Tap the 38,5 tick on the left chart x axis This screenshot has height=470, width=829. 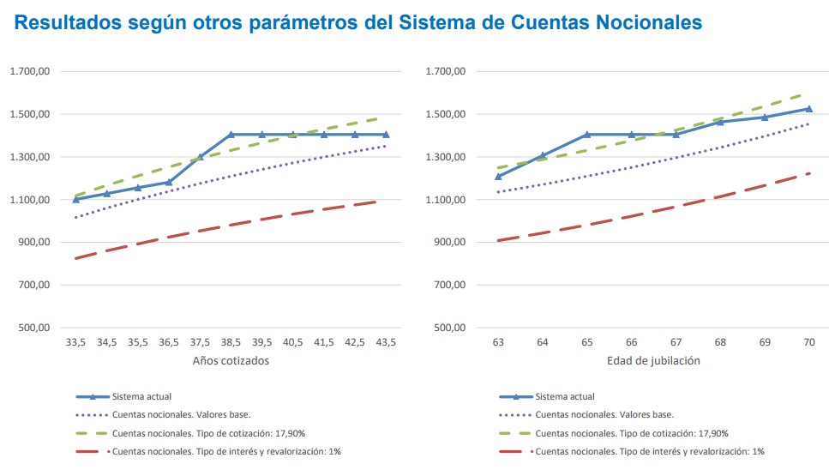pyautogui.click(x=231, y=342)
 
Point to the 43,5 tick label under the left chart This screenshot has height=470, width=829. pyautogui.click(x=386, y=342)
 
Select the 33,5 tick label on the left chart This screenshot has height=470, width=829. pyautogui.click(x=75, y=342)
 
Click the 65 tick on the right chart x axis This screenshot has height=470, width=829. pyautogui.click(x=586, y=342)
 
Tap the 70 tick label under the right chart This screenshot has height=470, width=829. pyautogui.click(x=808, y=342)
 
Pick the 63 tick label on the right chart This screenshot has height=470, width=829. pyautogui.click(x=497, y=342)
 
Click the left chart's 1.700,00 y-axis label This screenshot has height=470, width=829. pyautogui.click(x=31, y=72)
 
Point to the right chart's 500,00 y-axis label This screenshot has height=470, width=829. pyautogui.click(x=448, y=328)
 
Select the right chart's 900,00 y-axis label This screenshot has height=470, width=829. pyautogui.click(x=448, y=243)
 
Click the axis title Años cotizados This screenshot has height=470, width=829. pyautogui.click(x=231, y=361)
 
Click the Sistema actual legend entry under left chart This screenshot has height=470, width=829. pyautogui.click(x=142, y=397)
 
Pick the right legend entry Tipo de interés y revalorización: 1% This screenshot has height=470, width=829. pyautogui.click(x=650, y=451)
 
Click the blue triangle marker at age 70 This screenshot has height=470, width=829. pyautogui.click(x=808, y=109)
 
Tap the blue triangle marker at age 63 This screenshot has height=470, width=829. pyautogui.click(x=497, y=177)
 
